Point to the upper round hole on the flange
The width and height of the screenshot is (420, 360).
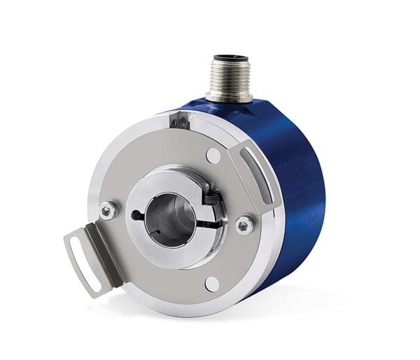coord(213,155)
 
